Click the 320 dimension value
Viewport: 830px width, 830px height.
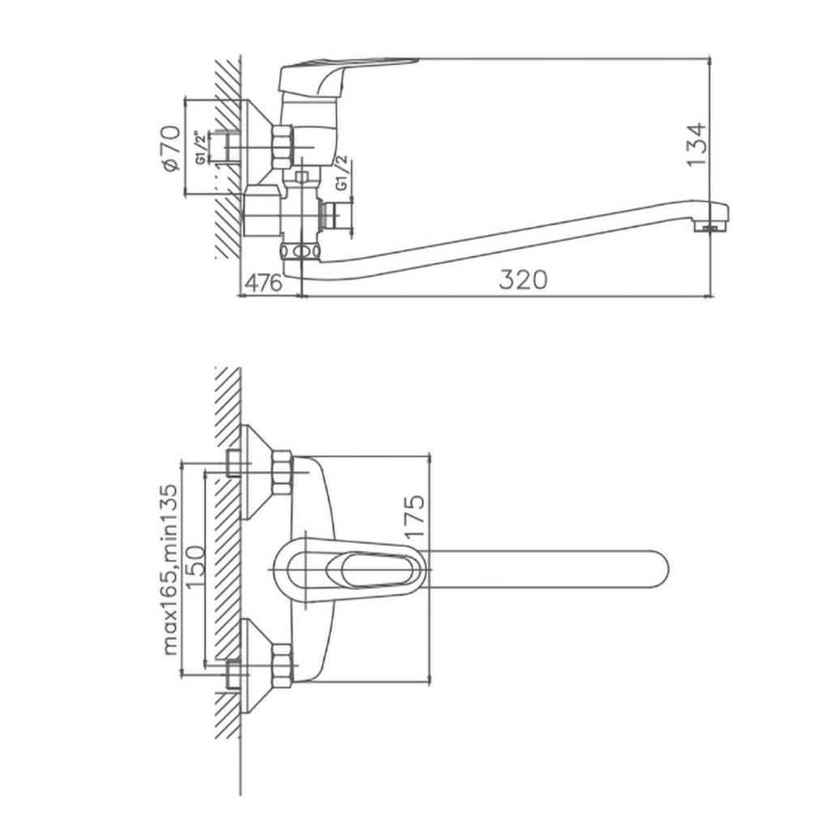click(x=523, y=280)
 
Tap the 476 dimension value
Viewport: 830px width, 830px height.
click(x=264, y=283)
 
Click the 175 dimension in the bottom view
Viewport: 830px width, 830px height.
click(x=416, y=516)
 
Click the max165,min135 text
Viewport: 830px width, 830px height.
click(x=170, y=570)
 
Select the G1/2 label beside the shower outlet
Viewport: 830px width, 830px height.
click(x=342, y=173)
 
